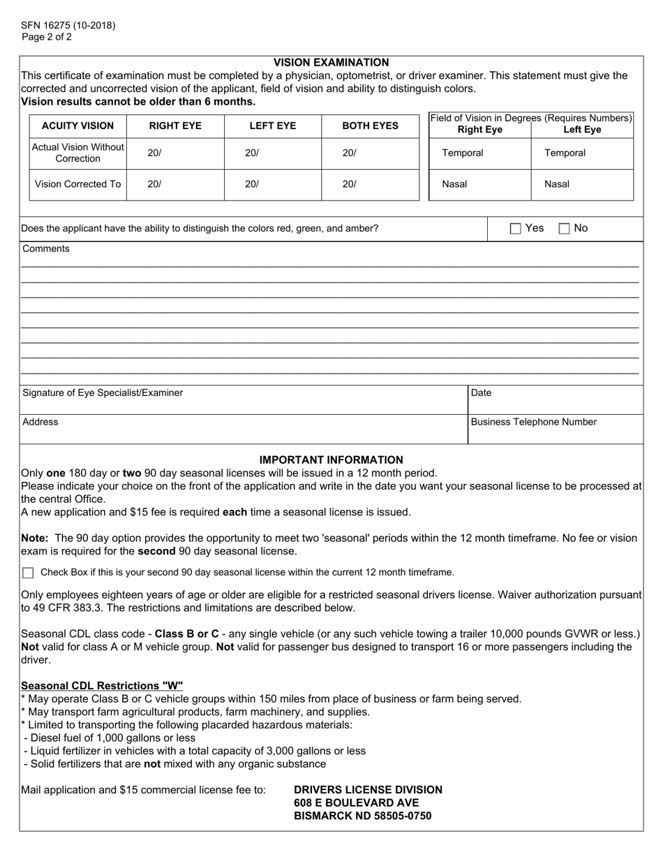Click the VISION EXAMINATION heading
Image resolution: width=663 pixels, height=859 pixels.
pos(331,63)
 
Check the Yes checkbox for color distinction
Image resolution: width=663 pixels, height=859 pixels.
pos(516,228)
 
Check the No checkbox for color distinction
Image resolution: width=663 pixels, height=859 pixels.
pos(565,228)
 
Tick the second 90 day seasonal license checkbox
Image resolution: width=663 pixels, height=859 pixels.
pos(28,573)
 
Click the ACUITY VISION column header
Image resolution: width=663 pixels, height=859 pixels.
pos(77,126)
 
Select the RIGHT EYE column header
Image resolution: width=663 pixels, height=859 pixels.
pos(175,126)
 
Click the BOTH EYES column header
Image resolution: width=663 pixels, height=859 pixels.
pos(370,126)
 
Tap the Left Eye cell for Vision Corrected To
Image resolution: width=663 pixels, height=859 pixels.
pos(272,184)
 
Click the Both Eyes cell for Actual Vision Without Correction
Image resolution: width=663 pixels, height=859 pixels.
pos(370,154)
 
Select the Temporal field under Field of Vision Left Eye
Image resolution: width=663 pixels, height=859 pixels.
pos(582,154)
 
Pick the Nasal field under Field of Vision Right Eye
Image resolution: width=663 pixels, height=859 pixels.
pos(479,184)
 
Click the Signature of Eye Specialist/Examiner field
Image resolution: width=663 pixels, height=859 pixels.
pos(243,400)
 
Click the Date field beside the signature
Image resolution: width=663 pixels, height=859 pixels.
pos(555,400)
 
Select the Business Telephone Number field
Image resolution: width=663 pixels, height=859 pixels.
pos(555,429)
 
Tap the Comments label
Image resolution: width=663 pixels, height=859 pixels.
pos(46,249)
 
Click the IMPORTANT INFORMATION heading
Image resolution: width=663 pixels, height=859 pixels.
pos(331,460)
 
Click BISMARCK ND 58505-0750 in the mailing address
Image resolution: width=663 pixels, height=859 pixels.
pos(362,816)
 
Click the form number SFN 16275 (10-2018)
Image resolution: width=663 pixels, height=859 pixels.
pos(68,26)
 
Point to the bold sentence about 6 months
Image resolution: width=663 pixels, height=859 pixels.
pos(138,101)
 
